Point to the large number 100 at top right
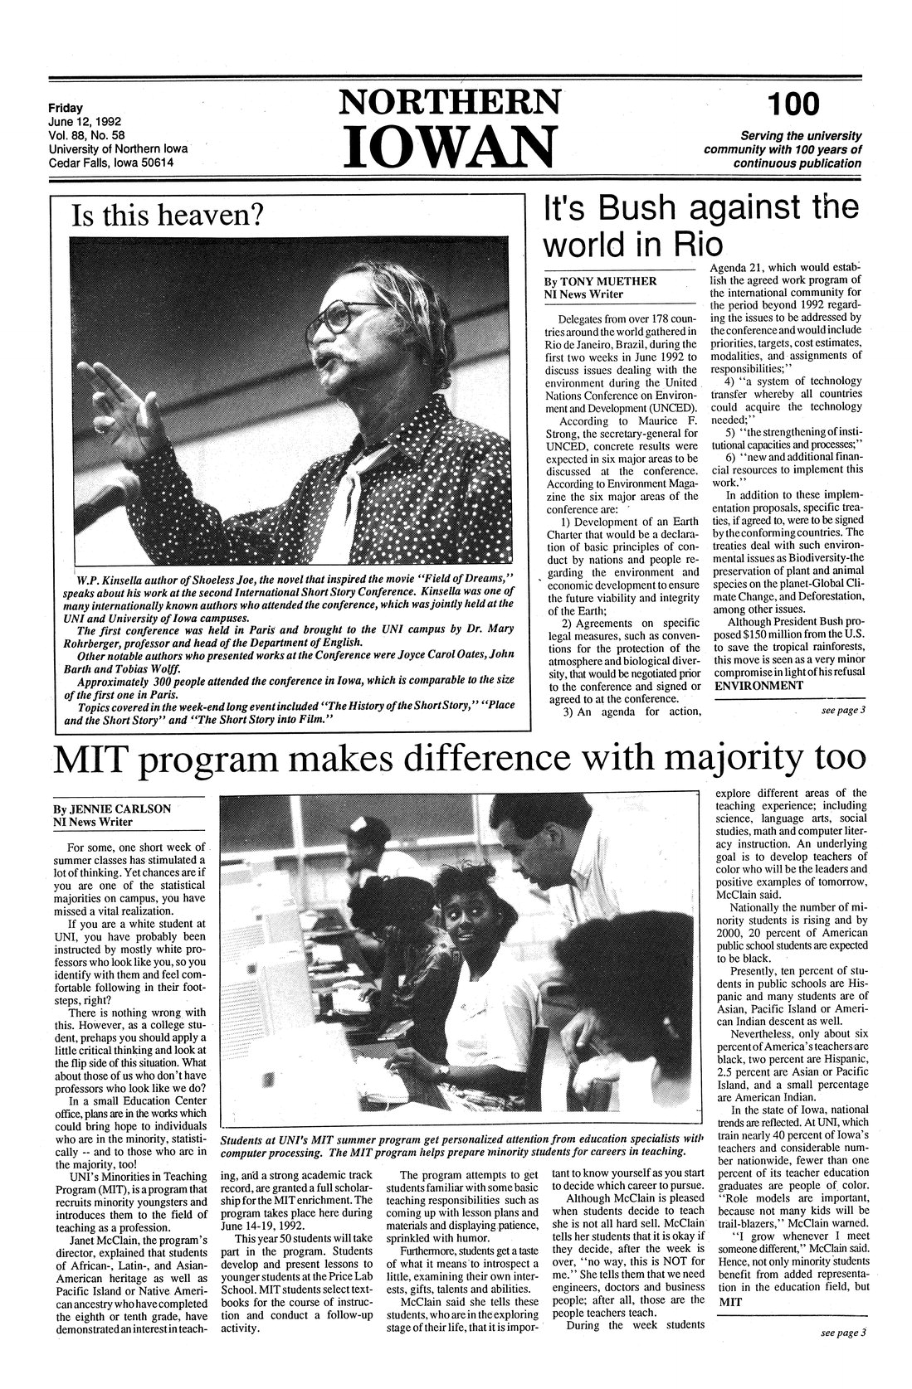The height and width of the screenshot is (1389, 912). tap(793, 104)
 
